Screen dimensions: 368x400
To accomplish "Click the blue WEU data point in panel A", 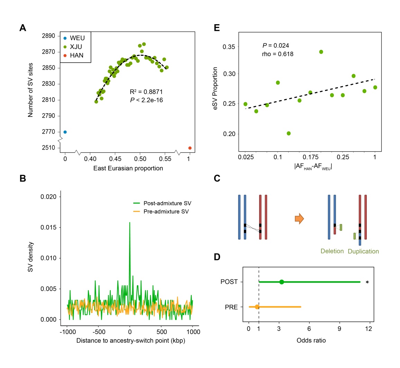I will click(x=65, y=132).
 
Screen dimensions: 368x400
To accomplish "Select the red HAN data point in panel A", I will click(x=190, y=148).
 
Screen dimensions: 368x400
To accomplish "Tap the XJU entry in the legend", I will click(x=76, y=47).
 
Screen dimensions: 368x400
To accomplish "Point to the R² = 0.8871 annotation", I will click(x=146, y=92).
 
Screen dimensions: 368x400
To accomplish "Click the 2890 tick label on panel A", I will click(x=48, y=36).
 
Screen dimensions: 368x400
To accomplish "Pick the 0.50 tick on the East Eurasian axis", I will click(x=140, y=159).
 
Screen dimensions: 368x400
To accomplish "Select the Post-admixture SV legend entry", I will click(x=167, y=203).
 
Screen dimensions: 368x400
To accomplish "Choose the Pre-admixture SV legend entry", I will click(x=166, y=212).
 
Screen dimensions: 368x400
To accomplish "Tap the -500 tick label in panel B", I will click(x=98, y=332).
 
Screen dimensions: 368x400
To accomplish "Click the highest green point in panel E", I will click(x=321, y=52).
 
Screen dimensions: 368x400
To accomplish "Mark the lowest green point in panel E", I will click(x=289, y=133).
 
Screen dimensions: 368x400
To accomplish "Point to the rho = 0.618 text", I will click(x=278, y=54).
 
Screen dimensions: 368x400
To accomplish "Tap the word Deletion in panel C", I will click(x=332, y=251).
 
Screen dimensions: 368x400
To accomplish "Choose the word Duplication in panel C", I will click(x=363, y=251).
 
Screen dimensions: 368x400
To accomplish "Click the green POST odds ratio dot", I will click(x=282, y=282).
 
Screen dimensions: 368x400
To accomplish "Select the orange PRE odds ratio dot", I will click(x=257, y=307).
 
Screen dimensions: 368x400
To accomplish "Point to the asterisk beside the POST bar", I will click(x=367, y=282).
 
